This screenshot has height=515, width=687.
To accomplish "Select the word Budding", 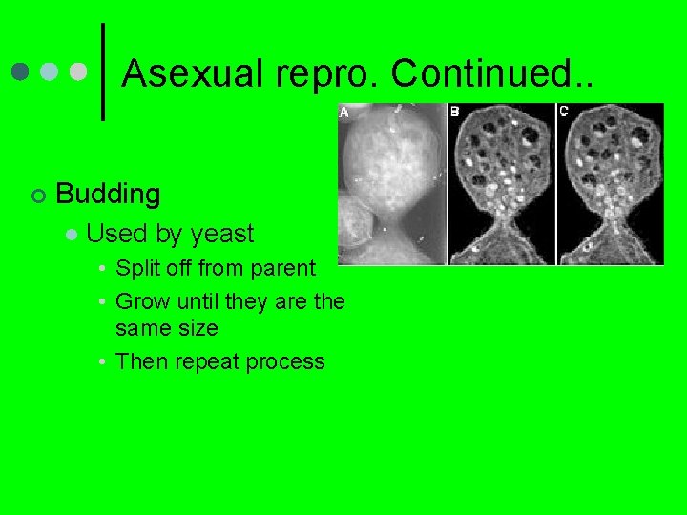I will pyautogui.click(x=108, y=194).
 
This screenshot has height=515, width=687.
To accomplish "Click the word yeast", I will pyautogui.click(x=222, y=235).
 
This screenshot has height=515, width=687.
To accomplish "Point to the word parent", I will pyautogui.click(x=283, y=268).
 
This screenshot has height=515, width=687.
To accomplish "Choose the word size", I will pyautogui.click(x=197, y=328).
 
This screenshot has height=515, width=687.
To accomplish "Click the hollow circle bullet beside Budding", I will pyautogui.click(x=36, y=196).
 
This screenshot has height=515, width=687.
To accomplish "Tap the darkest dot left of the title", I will pyautogui.click(x=21, y=72).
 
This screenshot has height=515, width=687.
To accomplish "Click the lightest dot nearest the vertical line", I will pyautogui.click(x=78, y=72).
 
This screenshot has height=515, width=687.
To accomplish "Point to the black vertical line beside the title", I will pyautogui.click(x=102, y=72).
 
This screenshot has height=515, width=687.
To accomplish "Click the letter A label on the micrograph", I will pyautogui.click(x=344, y=113).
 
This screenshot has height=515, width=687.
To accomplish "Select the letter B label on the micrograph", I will pyautogui.click(x=454, y=112).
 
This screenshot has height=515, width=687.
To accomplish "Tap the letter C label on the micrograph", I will pyautogui.click(x=564, y=112).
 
